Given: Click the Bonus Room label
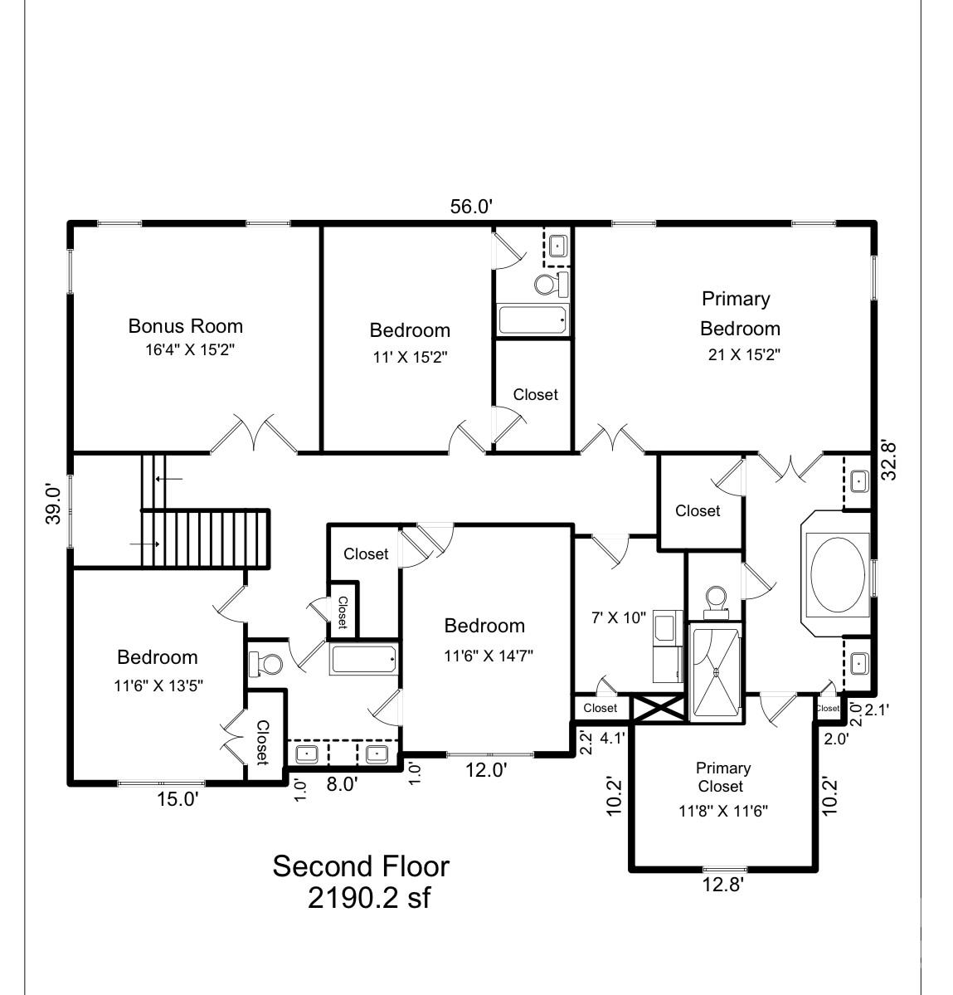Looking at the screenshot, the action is [x=186, y=326].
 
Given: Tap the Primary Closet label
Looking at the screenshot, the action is [x=722, y=778].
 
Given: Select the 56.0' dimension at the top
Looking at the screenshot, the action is [x=471, y=207].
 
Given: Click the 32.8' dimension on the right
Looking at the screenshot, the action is [x=889, y=461].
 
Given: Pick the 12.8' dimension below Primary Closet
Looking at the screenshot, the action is [x=722, y=884].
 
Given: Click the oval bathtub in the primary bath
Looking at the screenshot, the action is [x=838, y=575].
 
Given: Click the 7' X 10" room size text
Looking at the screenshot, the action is [x=618, y=617].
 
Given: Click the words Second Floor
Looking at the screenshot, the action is [x=361, y=866].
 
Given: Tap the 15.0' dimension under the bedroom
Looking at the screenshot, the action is [x=177, y=799].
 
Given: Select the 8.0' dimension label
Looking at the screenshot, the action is [x=342, y=784].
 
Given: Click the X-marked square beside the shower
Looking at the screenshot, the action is [x=659, y=708].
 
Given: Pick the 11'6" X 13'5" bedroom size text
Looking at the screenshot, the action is [x=158, y=685].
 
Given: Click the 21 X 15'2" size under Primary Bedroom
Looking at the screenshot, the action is [x=744, y=354].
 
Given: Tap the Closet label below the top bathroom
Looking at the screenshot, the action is [x=535, y=395].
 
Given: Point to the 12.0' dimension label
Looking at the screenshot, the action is [x=486, y=770].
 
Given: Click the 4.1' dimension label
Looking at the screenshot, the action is [x=612, y=738].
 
